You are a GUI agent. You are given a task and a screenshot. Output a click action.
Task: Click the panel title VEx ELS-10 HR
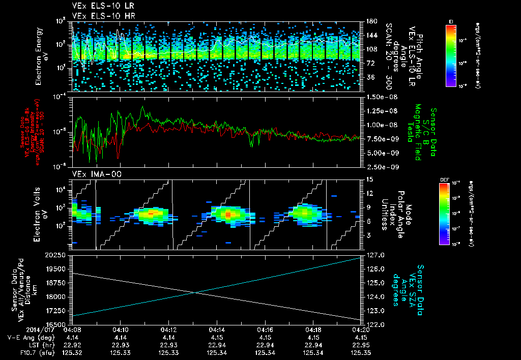pyautogui.click(x=100, y=16)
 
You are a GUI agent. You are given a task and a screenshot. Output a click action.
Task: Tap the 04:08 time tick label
pyautogui.click(x=72, y=329)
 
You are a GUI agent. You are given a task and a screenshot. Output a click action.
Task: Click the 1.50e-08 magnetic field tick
pyautogui.click(x=379, y=97)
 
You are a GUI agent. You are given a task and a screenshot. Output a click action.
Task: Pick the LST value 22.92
pyautogui.click(x=72, y=344)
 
